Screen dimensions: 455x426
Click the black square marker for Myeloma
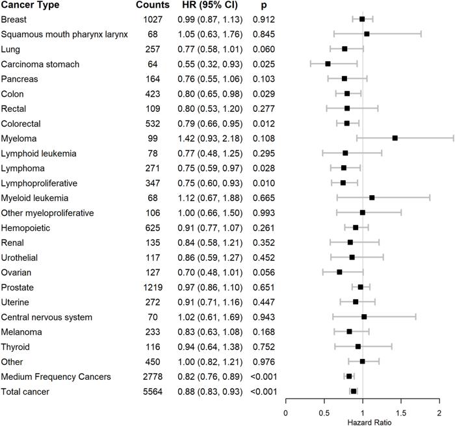point(395,139)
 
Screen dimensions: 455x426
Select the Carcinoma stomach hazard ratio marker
point(328,64)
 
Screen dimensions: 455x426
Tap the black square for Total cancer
point(354,391)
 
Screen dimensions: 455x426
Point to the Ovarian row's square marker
point(339,272)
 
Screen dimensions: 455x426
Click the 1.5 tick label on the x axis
point(401,413)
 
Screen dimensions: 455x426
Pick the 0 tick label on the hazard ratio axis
point(286,413)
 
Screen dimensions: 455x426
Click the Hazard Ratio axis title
point(369,422)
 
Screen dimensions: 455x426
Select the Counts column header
point(153,5)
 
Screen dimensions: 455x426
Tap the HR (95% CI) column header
point(210,5)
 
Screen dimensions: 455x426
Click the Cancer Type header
point(30,5)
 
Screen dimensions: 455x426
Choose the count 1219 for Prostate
point(153,287)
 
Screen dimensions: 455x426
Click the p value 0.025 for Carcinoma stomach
point(263,64)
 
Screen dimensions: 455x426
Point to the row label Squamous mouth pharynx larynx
point(64,34)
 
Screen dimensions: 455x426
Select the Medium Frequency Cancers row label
point(56,377)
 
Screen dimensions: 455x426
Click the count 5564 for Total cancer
point(153,392)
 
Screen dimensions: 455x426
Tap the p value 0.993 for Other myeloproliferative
point(263,213)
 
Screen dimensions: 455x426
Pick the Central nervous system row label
point(46,317)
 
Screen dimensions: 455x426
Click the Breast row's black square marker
point(362,19)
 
